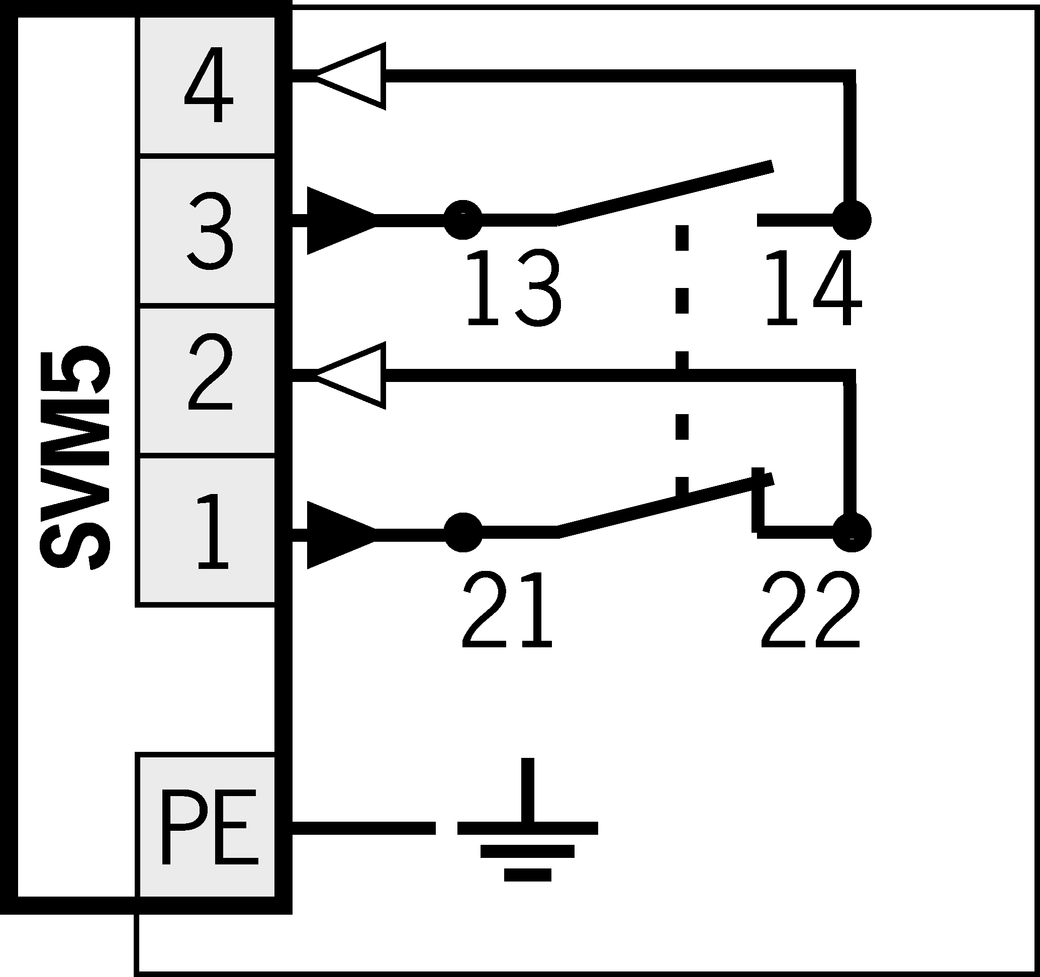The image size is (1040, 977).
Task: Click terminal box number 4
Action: (206, 85)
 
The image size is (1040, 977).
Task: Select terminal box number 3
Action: (206, 231)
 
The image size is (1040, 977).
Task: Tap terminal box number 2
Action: (206, 380)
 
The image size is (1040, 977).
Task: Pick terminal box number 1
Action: (206, 531)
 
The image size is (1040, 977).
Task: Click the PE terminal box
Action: (206, 826)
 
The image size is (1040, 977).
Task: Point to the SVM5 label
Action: (75, 458)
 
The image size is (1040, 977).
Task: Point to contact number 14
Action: (812, 287)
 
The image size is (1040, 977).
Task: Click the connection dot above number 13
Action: (462, 220)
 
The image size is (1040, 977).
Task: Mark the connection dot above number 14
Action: (852, 220)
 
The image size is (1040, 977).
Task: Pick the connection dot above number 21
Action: (462, 532)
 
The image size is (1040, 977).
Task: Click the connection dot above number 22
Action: (852, 532)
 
